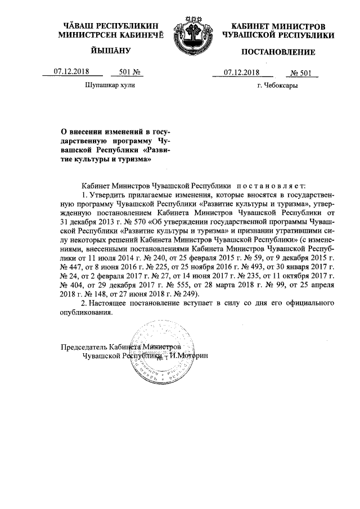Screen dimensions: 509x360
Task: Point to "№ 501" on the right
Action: tap(303, 72)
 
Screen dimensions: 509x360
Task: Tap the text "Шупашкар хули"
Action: tap(110, 86)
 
